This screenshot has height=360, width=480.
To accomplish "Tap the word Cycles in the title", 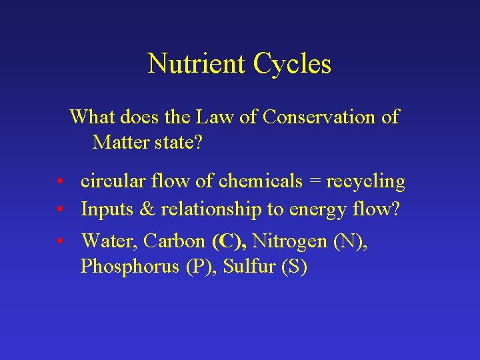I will click(x=292, y=64).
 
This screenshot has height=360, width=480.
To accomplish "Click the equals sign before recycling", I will click(x=315, y=182).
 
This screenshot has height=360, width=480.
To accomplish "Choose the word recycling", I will click(x=365, y=182).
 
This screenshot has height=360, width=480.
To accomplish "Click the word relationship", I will click(x=211, y=210).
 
